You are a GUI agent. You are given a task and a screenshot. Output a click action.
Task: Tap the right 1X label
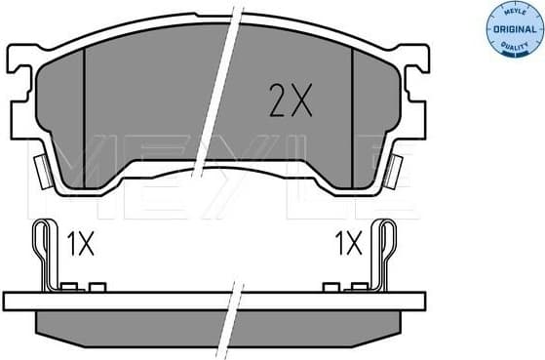349,243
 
